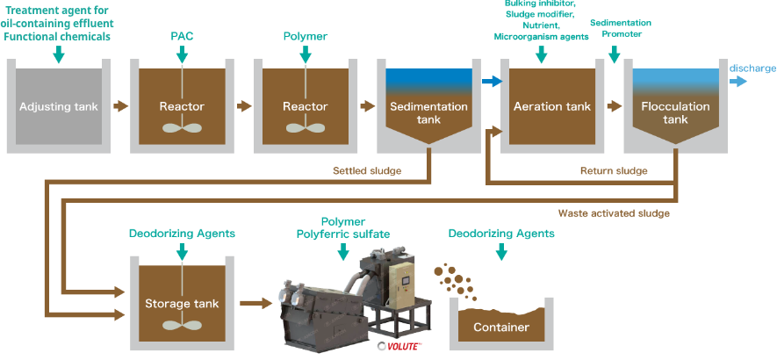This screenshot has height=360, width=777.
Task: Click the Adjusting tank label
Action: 58,106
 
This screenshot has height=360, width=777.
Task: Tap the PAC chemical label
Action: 182,37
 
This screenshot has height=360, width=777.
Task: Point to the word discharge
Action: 752,68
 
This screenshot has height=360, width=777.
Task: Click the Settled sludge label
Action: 366,169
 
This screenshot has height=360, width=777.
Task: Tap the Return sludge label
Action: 614,170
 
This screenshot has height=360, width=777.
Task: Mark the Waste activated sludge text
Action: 614,212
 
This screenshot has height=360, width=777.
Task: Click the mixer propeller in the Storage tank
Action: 182,324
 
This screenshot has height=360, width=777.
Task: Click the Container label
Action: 501,328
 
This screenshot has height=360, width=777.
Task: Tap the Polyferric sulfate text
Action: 343,235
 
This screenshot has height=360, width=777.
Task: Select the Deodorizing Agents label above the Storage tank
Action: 182,234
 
